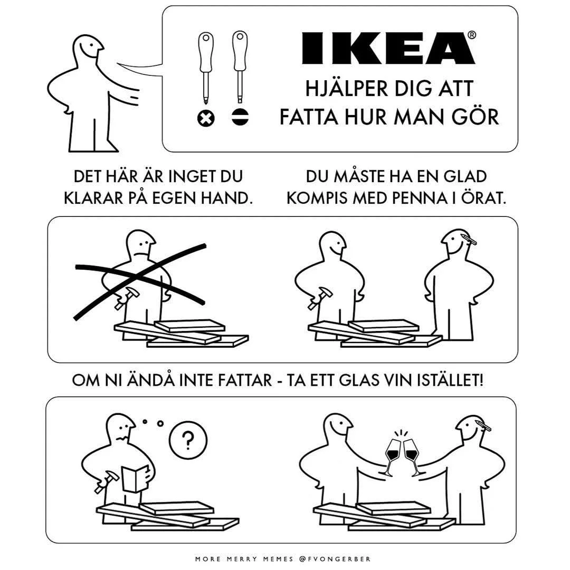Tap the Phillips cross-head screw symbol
coord(206,118)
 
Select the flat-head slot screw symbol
coord(240,117)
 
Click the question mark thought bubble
coord(188,440)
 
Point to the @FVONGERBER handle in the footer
coord(335,559)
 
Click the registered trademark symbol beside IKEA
coord(471,35)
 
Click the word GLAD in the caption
coord(465,177)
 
